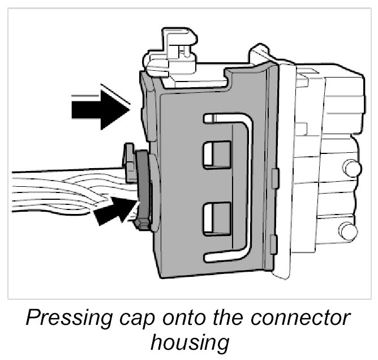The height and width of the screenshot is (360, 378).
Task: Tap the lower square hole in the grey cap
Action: click(x=217, y=218)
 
